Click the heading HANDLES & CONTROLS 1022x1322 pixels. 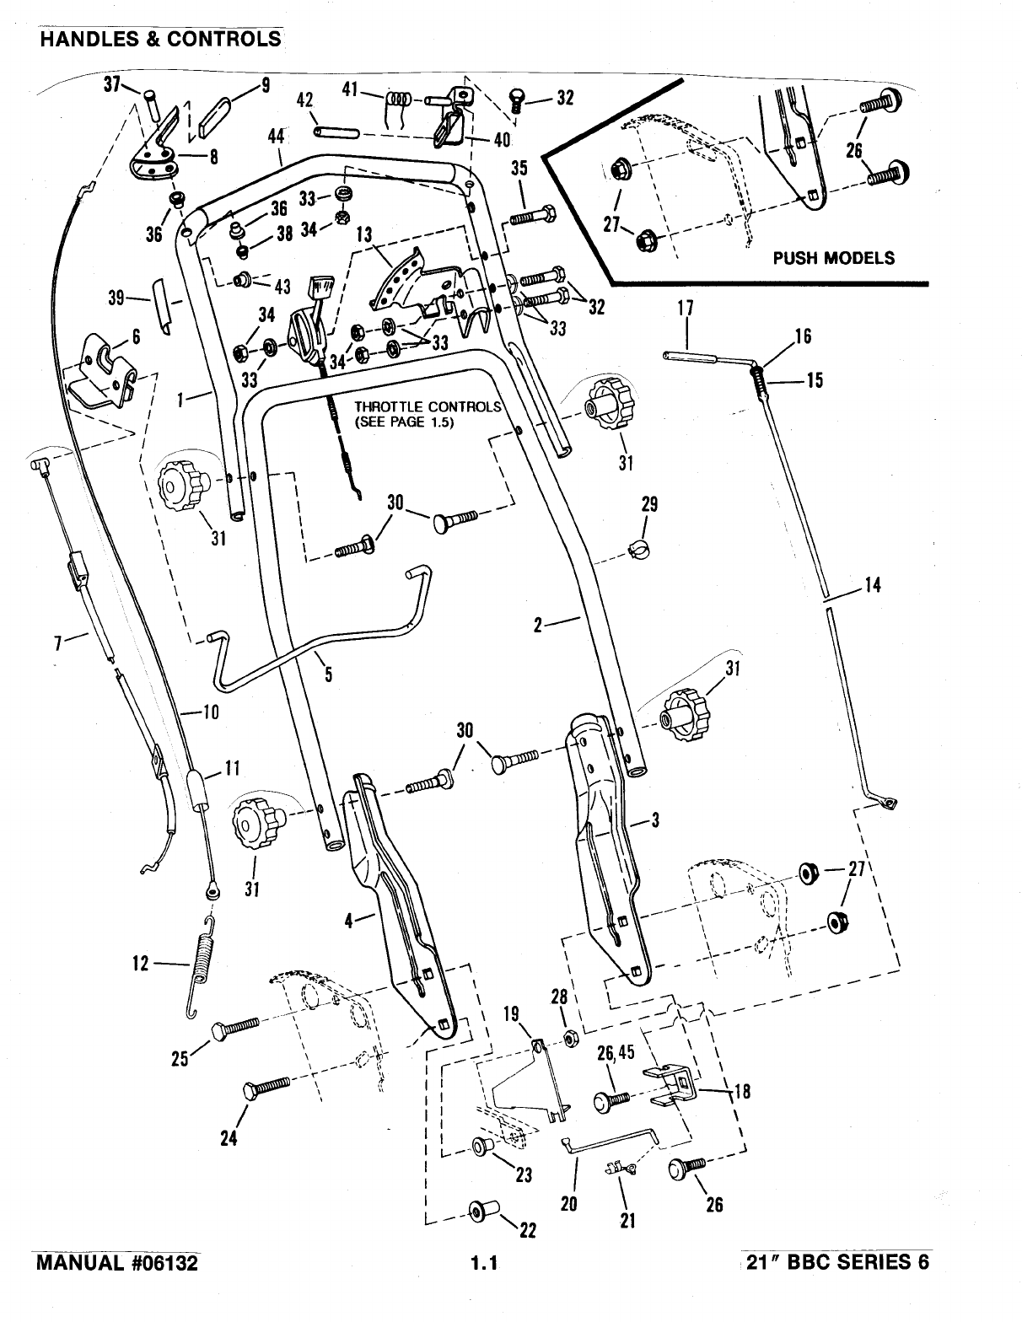[x=159, y=39]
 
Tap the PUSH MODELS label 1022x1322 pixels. [x=833, y=258]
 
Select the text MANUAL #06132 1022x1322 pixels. [x=120, y=1262]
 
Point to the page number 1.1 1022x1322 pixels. [x=486, y=1263]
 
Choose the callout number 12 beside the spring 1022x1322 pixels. [x=140, y=963]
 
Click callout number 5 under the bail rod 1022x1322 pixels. [x=328, y=674]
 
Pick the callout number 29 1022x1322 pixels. [x=648, y=505]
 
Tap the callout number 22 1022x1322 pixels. [x=527, y=1231]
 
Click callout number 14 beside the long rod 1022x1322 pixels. [x=873, y=584]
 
